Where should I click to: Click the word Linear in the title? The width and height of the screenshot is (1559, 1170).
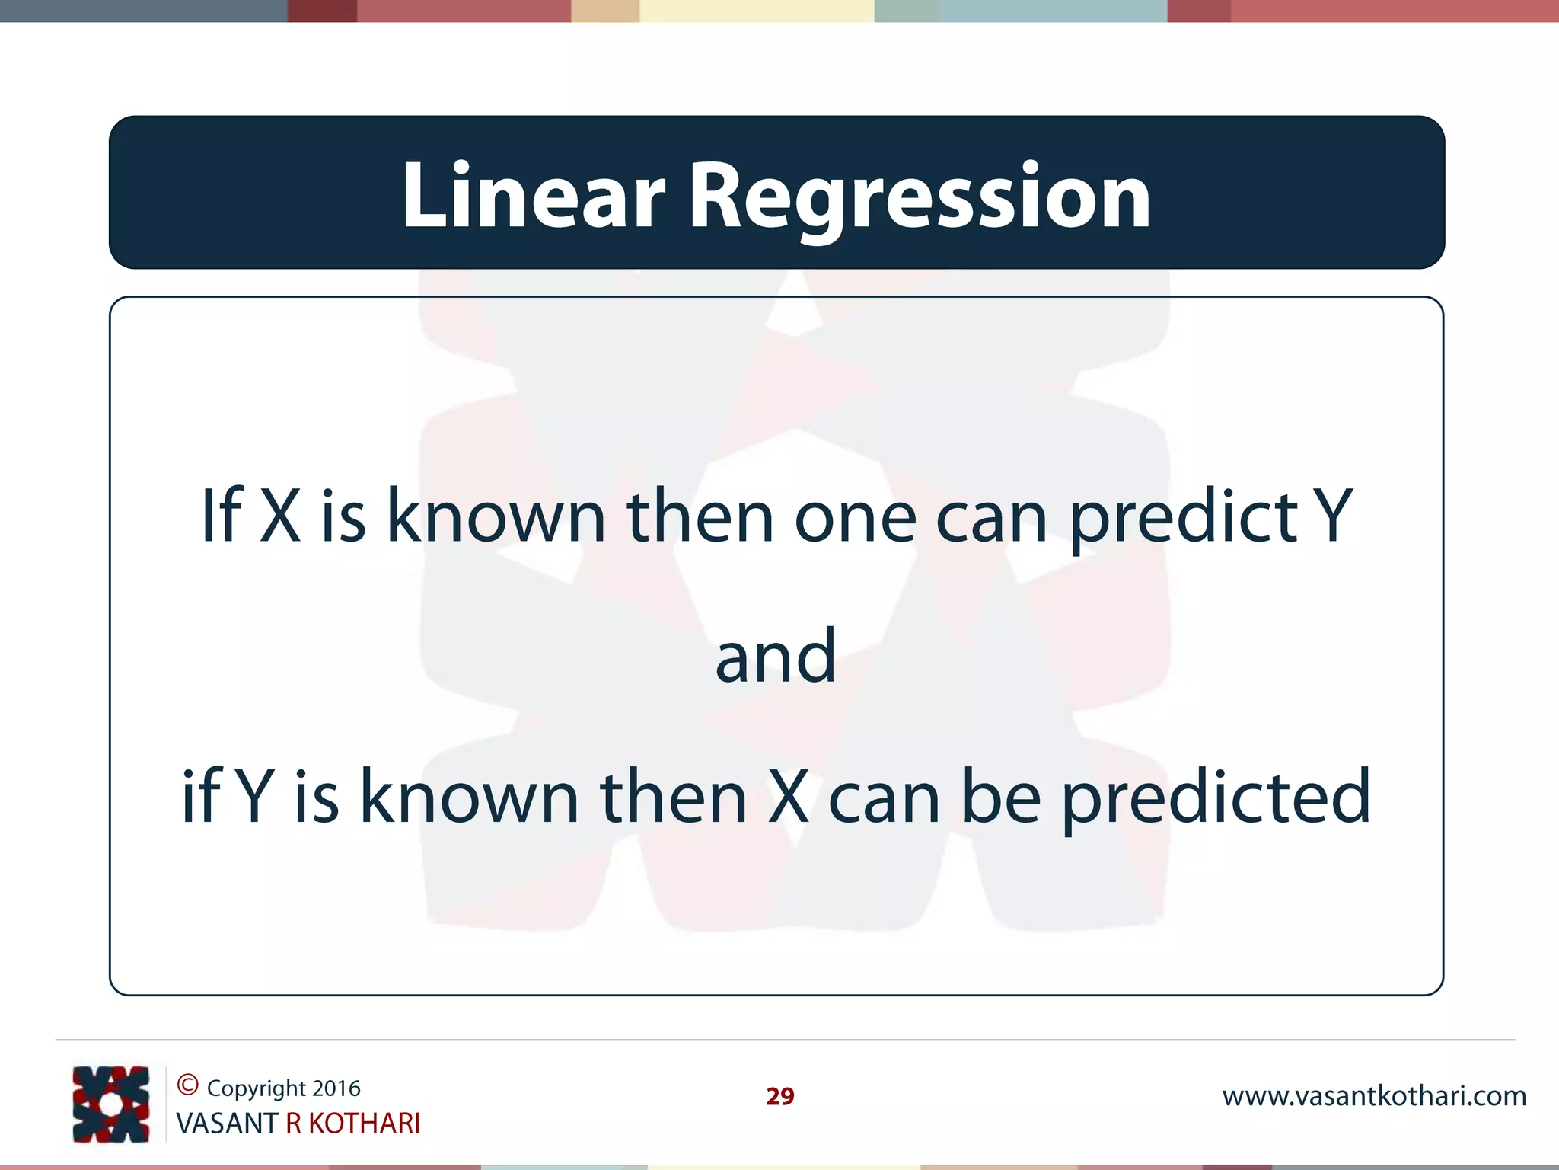pos(533,197)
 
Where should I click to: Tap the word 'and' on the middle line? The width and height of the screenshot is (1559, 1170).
pos(776,657)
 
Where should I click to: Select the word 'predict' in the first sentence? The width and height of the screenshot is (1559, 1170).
pos(1184,518)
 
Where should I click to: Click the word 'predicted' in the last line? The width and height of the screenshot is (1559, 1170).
pos(1216,798)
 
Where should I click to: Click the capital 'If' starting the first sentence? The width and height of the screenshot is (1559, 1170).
pos(221,515)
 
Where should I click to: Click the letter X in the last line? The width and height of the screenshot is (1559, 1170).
pos(789,797)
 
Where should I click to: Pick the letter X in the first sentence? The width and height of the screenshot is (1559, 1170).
pos(280,516)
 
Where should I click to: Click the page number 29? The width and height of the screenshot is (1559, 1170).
pos(779,1096)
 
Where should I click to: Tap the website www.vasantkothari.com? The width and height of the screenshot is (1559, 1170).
pos(1374,1096)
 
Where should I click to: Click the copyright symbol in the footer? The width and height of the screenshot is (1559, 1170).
pos(187,1084)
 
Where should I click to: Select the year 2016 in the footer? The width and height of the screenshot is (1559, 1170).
pos(336,1088)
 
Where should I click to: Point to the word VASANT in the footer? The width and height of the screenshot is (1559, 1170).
pos(226,1124)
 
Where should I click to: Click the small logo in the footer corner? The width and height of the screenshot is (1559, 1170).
pos(111,1104)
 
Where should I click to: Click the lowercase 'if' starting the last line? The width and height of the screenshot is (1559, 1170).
pos(201,796)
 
